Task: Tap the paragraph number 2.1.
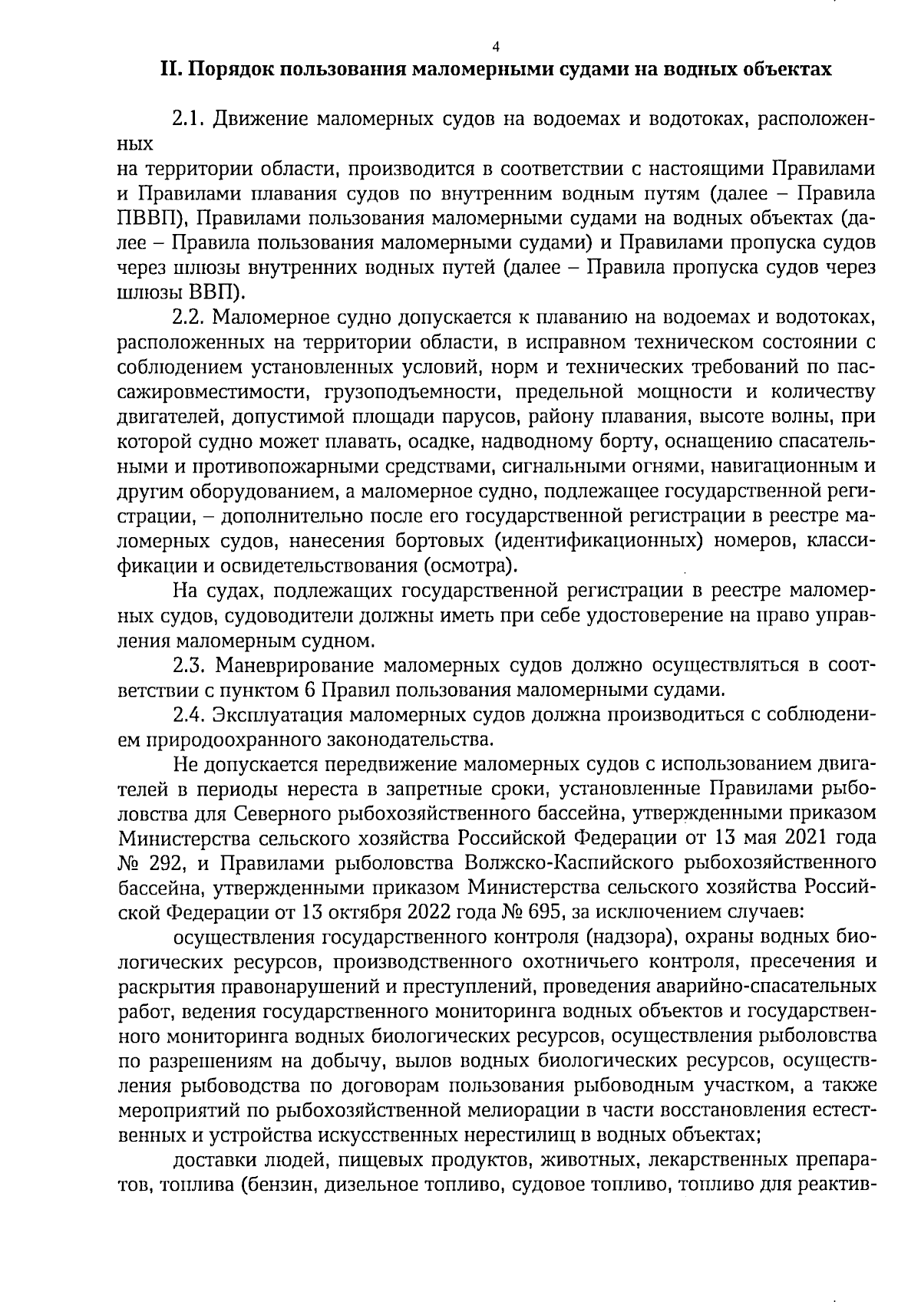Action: coord(187,120)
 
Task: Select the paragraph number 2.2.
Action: coord(187,317)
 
